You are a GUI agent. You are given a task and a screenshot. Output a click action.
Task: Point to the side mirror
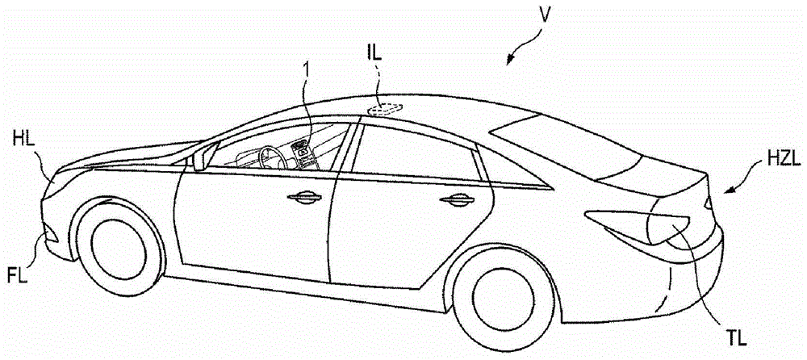[x=198, y=161]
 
